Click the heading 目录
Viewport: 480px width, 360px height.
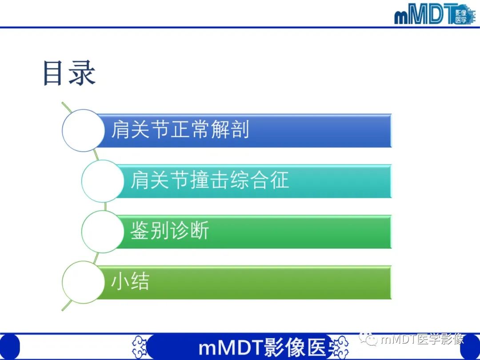(69, 73)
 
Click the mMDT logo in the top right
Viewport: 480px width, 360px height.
(433, 15)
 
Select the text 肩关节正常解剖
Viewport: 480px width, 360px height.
(180, 130)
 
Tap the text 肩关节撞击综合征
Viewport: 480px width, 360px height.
(209, 180)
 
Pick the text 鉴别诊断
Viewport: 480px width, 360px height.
(169, 231)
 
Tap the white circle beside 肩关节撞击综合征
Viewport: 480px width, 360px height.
(103, 181)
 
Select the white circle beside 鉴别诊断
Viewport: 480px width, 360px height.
(103, 232)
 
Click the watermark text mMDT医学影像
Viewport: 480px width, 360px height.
(422, 340)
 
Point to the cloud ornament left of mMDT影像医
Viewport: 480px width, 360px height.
(140, 346)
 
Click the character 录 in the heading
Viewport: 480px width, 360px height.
(82, 73)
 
